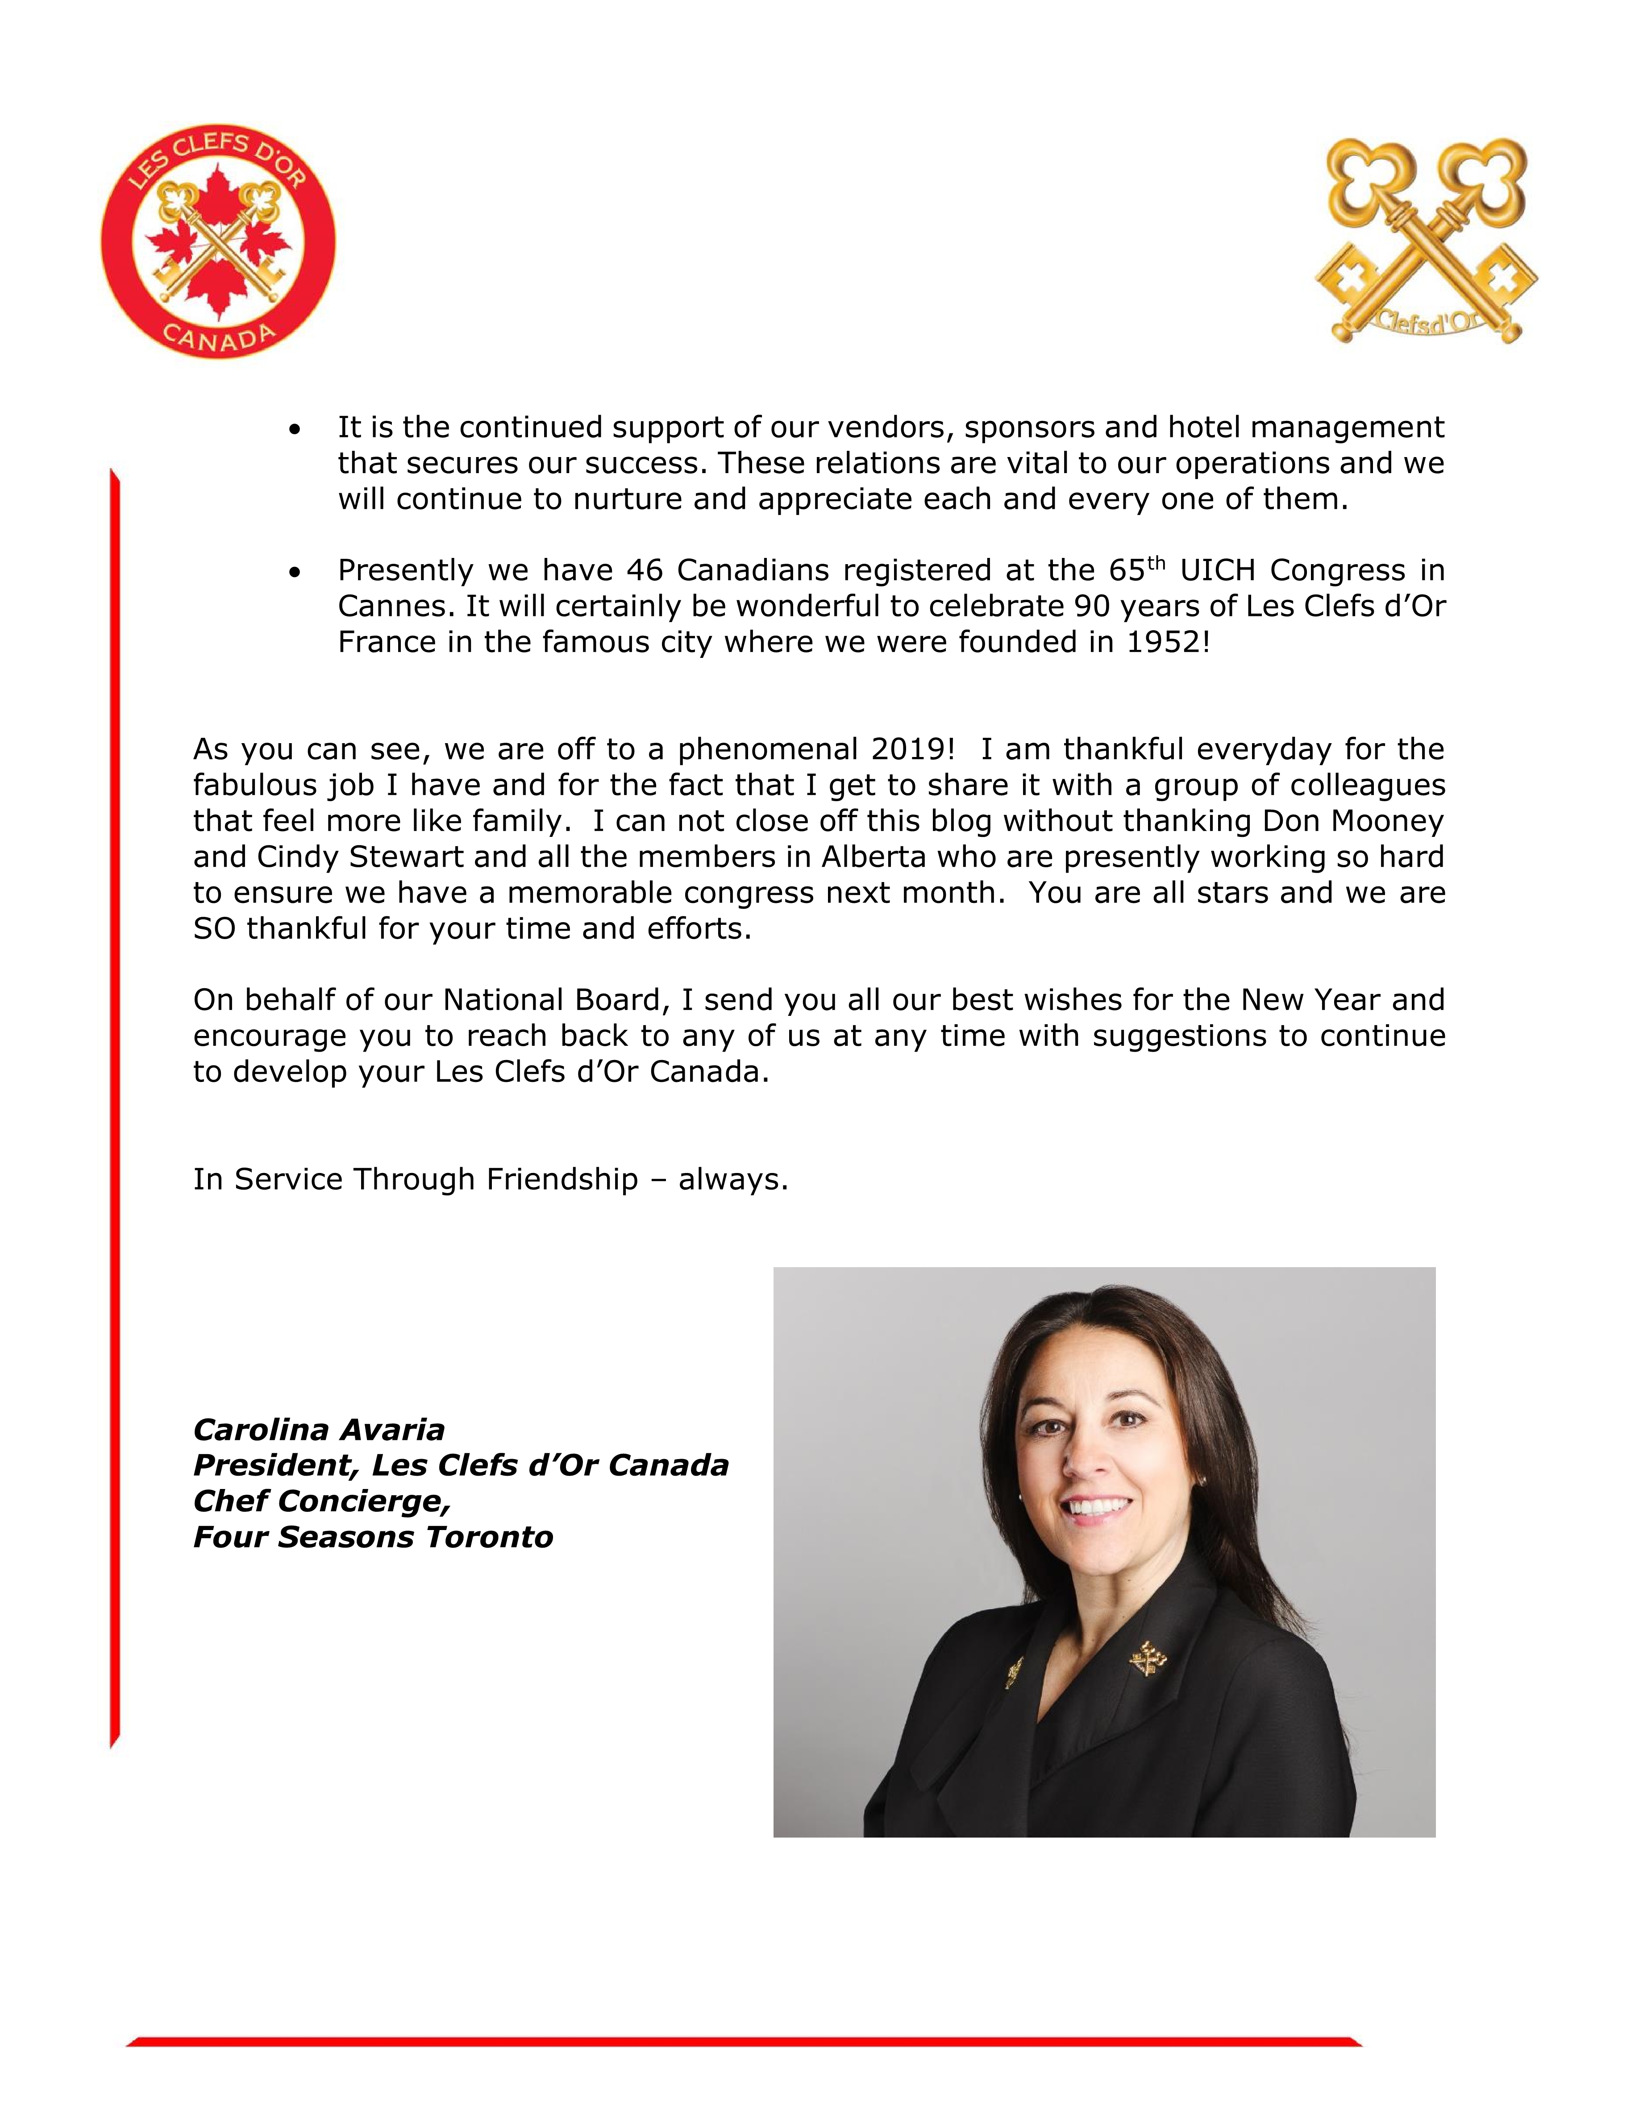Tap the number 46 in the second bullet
tap(644, 570)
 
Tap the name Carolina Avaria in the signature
tap(319, 1430)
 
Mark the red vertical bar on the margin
tap(115, 1107)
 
